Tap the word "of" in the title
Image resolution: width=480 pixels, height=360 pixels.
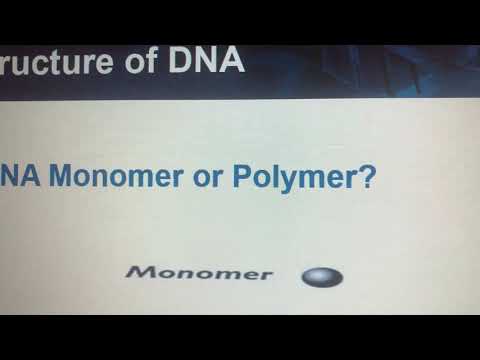coord(135,63)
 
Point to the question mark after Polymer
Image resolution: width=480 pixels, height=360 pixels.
coord(367,177)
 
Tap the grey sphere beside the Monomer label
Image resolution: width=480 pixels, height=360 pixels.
coord(322,276)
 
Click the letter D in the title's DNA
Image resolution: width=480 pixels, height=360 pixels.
coord(174,63)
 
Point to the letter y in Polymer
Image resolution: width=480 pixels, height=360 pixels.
coord(286,182)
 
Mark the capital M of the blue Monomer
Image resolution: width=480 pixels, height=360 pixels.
coord(66,178)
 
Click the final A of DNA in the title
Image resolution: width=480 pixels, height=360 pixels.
coord(229,63)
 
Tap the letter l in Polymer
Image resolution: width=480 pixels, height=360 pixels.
coord(274,177)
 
